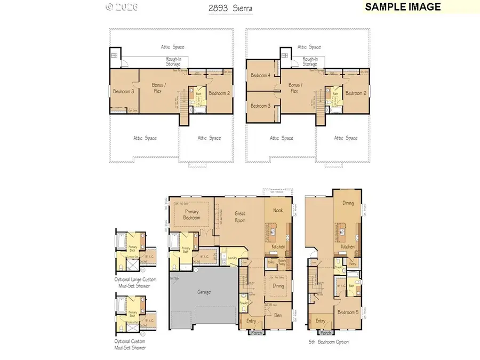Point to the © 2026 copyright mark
tap(122, 7)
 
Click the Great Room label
tap(240, 217)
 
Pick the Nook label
tap(278, 211)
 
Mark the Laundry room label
tap(232, 258)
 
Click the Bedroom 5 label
tap(349, 313)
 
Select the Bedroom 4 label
tap(261, 76)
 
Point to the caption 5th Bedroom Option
tap(329, 342)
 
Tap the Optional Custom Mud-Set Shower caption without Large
tap(130, 344)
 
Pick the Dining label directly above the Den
tap(278, 286)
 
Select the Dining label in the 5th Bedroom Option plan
tap(348, 203)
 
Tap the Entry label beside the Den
tap(251, 321)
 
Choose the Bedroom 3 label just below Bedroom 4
tap(261, 106)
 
